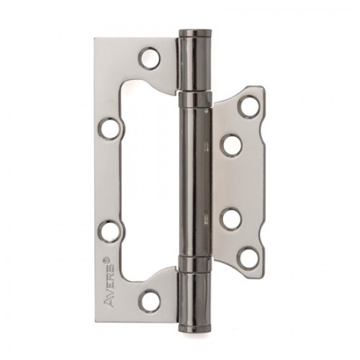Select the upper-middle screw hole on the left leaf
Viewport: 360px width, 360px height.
click(x=108, y=130)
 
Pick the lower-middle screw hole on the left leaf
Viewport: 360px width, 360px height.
click(x=108, y=232)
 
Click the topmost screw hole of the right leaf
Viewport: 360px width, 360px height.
click(x=248, y=105)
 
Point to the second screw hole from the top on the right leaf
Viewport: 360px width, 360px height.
click(x=230, y=145)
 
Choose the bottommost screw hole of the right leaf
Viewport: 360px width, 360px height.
click(x=248, y=256)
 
